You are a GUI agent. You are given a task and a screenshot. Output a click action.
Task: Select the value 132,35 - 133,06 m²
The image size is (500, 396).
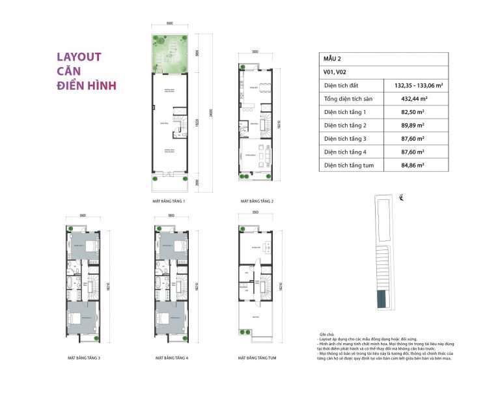(x=419, y=85)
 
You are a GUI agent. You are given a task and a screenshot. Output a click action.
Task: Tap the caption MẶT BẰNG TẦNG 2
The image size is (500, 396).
(x=257, y=202)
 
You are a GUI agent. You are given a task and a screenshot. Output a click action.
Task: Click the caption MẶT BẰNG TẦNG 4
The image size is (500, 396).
(x=172, y=358)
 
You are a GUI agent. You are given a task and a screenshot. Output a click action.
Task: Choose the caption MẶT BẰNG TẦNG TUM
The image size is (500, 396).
(x=257, y=358)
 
